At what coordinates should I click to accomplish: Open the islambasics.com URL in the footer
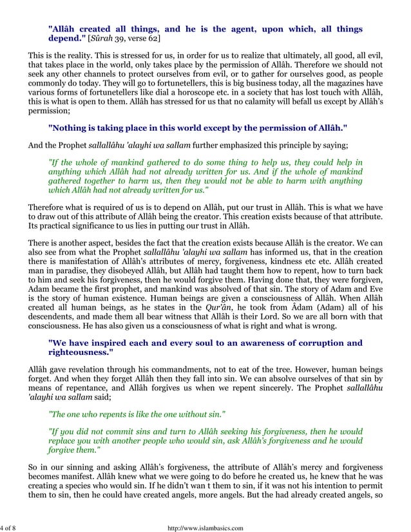(205, 528)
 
